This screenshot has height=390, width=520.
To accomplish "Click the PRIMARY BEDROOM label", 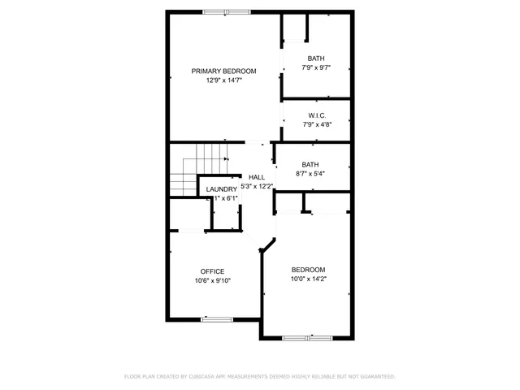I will point(223,71).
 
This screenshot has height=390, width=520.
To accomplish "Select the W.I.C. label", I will point(316,115).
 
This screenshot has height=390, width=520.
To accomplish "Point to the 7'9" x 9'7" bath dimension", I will point(316,67).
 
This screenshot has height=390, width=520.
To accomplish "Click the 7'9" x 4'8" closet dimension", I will point(316,125).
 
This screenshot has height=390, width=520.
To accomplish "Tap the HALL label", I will point(256,177).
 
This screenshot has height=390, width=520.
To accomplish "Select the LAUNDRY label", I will point(221,189).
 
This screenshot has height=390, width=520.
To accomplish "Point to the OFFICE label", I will point(213,271).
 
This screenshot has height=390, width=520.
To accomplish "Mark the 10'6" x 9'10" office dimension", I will point(213,281).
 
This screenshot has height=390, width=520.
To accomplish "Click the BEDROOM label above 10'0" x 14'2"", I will point(309,270).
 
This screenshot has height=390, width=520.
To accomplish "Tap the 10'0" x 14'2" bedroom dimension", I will point(309,279).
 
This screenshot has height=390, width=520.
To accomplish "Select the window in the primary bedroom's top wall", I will point(227,11).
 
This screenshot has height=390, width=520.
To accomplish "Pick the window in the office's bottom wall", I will point(217,319).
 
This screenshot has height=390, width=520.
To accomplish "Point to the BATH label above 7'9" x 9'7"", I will point(316,58).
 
